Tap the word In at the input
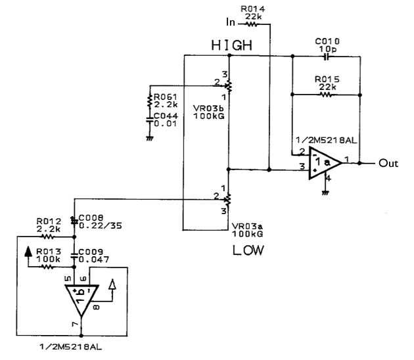(x=230, y=22)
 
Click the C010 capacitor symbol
(x=327, y=56)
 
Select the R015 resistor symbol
(x=326, y=94)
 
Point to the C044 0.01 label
(x=165, y=120)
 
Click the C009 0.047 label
(x=95, y=254)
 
